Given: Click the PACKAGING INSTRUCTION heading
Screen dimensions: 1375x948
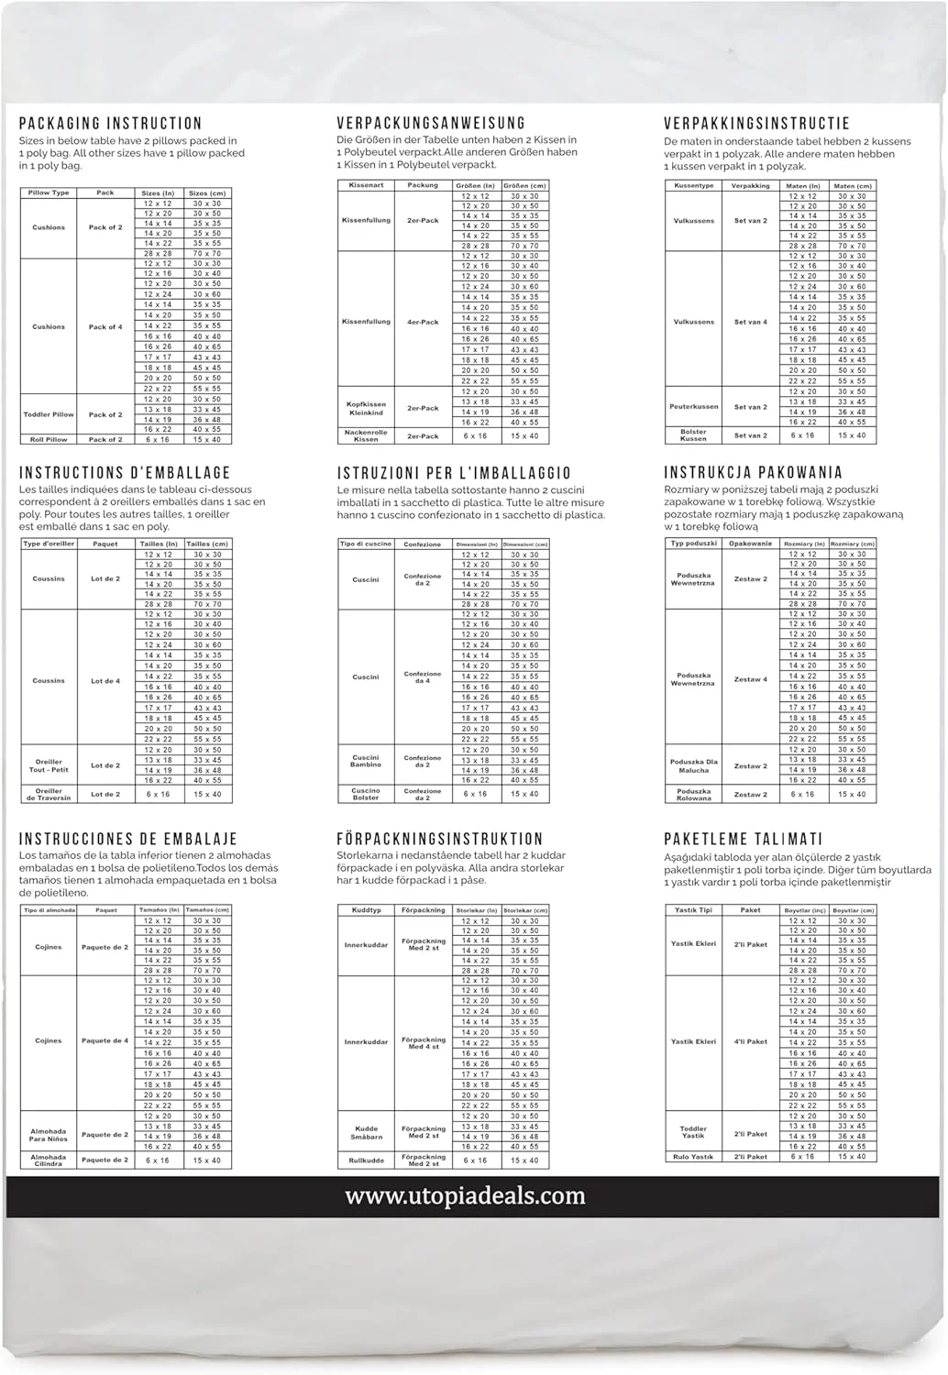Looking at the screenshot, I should (110, 124).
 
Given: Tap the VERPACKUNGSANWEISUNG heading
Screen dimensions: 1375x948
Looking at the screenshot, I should (431, 124).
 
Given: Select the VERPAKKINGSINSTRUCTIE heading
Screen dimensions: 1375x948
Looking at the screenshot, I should (756, 124).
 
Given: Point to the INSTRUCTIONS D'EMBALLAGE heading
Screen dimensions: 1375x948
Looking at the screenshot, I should (125, 473).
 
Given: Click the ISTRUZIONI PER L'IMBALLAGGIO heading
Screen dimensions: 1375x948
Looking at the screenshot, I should (454, 473).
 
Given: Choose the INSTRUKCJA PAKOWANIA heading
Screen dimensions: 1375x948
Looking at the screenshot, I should (753, 473).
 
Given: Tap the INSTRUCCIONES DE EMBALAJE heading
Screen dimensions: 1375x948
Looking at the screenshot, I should (128, 839).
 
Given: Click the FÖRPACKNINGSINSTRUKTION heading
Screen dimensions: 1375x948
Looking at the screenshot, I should (440, 839).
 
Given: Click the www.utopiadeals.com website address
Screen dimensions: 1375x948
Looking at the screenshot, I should (465, 1195).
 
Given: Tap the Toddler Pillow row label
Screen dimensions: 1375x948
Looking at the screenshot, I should (49, 414).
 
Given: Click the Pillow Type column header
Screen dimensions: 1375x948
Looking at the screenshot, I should (49, 193).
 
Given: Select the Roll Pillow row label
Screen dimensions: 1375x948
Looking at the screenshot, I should (49, 440).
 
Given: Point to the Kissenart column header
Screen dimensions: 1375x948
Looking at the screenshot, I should (366, 185).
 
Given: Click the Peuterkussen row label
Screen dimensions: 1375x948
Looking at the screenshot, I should (693, 407).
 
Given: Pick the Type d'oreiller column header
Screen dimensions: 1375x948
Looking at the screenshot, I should (49, 544).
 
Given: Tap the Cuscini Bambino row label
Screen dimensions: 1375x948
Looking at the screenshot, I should (366, 761).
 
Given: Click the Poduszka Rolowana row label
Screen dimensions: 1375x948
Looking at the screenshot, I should (693, 795).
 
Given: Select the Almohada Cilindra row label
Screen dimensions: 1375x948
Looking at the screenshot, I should (49, 1160).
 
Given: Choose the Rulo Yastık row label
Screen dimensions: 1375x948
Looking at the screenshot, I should (693, 1157).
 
